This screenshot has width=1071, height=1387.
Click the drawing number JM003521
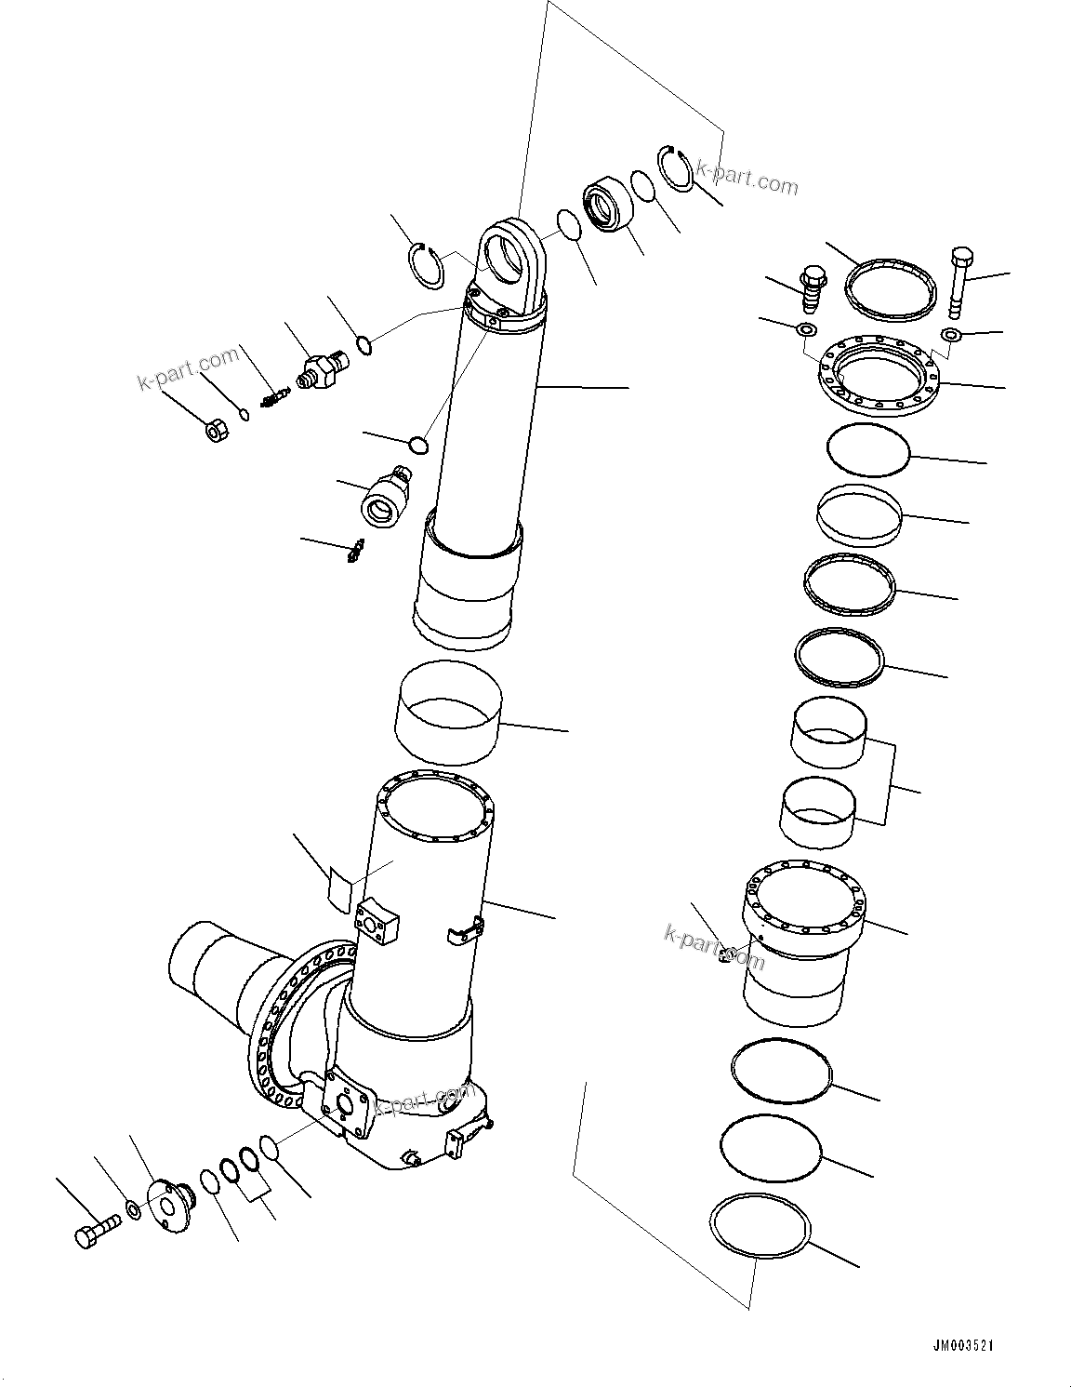click(969, 1346)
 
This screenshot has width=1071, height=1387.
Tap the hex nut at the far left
click(215, 432)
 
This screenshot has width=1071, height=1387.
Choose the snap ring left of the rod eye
click(428, 263)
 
